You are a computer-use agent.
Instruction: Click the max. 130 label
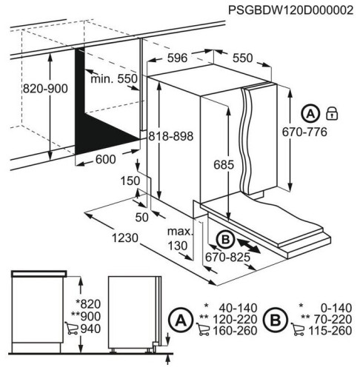tap(179, 238)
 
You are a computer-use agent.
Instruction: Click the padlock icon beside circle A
tap(333, 114)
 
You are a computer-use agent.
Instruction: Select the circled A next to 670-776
tap(312, 114)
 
